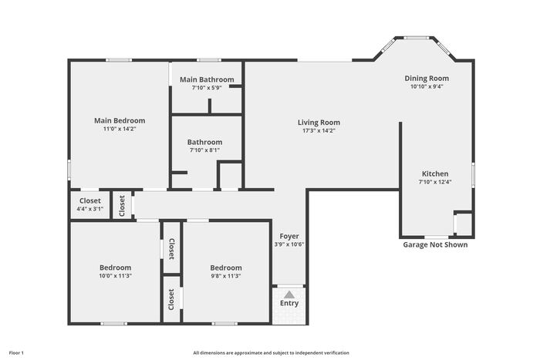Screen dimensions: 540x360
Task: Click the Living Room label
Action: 319,123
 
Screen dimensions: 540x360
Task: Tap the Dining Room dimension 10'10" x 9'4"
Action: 427,86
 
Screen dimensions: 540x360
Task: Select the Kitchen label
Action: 435,173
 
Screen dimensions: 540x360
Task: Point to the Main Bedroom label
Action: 120,121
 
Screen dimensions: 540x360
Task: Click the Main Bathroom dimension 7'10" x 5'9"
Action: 207,88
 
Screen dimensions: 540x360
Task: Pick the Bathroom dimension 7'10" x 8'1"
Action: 204,150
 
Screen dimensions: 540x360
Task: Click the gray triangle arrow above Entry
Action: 289,294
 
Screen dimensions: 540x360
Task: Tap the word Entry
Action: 289,303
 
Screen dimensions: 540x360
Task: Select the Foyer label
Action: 289,237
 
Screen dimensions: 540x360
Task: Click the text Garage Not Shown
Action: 435,244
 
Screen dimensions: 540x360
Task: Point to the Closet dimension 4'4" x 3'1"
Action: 90,209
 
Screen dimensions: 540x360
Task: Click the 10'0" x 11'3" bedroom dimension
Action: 116,276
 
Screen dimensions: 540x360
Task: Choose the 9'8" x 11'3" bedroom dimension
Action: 226,276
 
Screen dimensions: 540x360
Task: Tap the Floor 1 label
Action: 16,353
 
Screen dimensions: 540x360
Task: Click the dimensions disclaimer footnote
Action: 271,353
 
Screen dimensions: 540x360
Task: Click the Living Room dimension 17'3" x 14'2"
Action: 319,131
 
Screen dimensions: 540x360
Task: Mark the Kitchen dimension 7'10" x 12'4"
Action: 435,182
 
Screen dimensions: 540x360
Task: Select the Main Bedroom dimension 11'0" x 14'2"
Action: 120,129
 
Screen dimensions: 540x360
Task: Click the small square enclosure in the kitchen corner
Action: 464,224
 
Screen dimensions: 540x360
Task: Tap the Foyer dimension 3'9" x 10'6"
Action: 289,244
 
